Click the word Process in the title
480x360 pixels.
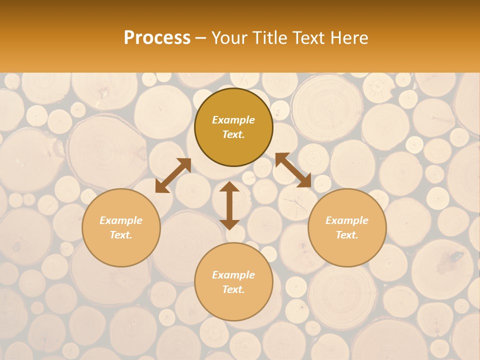pyautogui.click(x=157, y=38)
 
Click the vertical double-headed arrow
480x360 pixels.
pyautogui.click(x=229, y=205)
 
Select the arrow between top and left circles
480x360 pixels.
pyautogui.click(x=173, y=175)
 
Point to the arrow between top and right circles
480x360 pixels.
pyautogui.click(x=293, y=170)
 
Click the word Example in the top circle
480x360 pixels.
pyautogui.click(x=233, y=120)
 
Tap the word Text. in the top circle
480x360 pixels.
pyautogui.click(x=233, y=134)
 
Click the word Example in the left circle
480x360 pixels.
pyautogui.click(x=121, y=220)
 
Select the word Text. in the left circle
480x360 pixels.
pyautogui.click(x=121, y=235)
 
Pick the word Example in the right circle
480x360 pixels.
pyautogui.click(x=347, y=220)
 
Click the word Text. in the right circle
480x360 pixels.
pyautogui.click(x=347, y=235)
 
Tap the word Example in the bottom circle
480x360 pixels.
pyautogui.click(x=233, y=275)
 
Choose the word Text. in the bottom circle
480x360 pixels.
pyautogui.click(x=233, y=289)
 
